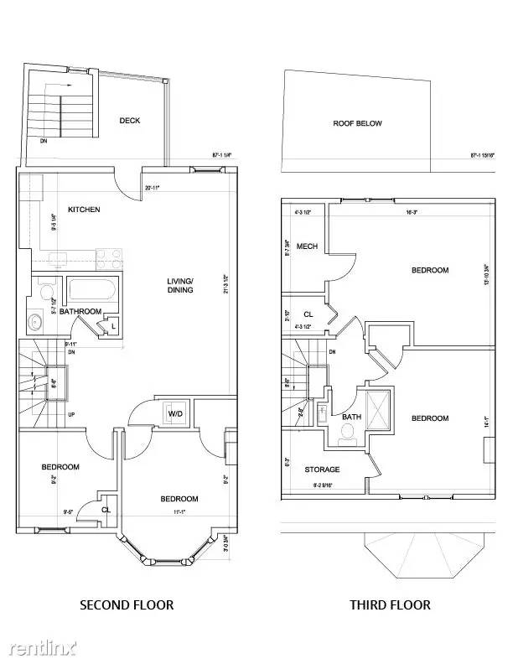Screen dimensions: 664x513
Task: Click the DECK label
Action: (x=129, y=121)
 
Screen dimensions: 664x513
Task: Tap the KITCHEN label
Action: (x=84, y=209)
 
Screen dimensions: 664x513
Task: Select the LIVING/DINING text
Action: (x=180, y=285)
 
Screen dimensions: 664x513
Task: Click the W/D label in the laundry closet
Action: (x=177, y=413)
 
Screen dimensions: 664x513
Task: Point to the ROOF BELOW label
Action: (x=357, y=123)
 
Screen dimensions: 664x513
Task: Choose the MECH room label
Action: (x=307, y=246)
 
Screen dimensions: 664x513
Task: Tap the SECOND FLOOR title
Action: (x=127, y=604)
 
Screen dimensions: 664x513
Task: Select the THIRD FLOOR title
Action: (x=390, y=604)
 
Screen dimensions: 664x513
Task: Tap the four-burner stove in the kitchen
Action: (x=109, y=257)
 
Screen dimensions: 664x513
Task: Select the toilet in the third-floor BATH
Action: (x=348, y=433)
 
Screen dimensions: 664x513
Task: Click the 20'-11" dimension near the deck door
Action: (x=153, y=188)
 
